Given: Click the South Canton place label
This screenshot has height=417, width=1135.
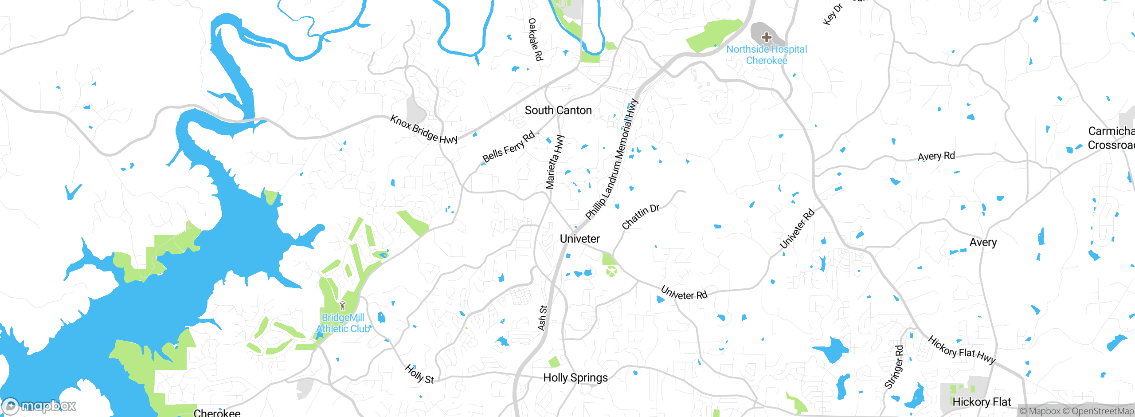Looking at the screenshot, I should pos(558,110).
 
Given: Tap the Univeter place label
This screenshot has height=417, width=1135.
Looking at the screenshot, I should pos(579,239).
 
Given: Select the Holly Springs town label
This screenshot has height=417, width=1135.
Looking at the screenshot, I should pos(575,378).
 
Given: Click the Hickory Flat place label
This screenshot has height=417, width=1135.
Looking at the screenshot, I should pos(982,402).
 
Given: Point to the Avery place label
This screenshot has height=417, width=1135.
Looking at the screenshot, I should pos(983,243).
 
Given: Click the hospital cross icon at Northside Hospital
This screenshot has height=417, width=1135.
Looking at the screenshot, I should pos(767,37).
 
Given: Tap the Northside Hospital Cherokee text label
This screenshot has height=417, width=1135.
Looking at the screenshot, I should pos(767,55).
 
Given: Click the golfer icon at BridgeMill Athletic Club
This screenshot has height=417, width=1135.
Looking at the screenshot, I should pos(342,306).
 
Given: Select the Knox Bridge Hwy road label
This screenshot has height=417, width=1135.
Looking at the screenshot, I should pos(423,130).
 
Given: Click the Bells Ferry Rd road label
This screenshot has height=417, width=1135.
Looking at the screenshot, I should pos(509,148).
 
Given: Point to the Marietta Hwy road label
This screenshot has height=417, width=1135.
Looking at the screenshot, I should pos(555,162).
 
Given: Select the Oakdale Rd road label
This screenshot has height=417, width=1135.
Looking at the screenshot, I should pos(536,39).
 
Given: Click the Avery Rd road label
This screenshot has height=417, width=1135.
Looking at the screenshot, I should pos(936,157).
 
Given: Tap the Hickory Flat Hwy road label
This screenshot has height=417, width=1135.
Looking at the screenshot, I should pos(962,350).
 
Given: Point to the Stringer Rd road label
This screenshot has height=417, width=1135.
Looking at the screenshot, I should pos(894,367).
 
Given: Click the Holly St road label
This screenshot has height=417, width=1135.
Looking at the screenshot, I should pos(419,374).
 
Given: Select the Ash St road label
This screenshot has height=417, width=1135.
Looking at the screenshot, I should pos(542,318).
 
